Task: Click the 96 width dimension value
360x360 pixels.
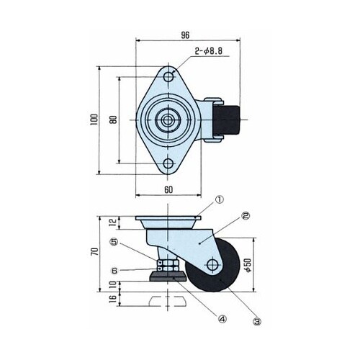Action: click(185, 35)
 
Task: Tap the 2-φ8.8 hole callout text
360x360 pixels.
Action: click(209, 51)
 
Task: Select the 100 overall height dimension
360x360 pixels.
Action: click(94, 120)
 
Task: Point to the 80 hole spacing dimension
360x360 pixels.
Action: click(114, 120)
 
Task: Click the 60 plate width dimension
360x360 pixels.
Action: click(168, 190)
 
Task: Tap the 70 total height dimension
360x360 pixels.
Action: click(94, 251)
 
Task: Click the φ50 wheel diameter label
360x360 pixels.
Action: click(248, 265)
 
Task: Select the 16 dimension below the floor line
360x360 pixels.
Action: click(113, 299)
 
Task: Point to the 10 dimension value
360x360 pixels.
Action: click(113, 284)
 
